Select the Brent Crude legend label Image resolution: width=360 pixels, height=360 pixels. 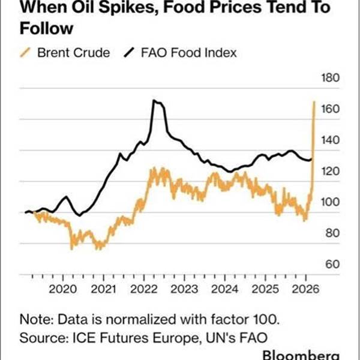73,53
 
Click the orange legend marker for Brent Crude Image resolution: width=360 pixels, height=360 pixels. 25,53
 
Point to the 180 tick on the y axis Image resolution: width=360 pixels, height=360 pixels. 332,78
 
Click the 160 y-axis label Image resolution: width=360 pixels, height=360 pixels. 332,109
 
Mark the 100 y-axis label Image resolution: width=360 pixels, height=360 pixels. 332,202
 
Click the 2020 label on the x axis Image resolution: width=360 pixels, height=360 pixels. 62,289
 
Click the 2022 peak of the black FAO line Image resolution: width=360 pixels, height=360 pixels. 154,101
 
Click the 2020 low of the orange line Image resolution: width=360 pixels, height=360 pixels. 73,247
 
